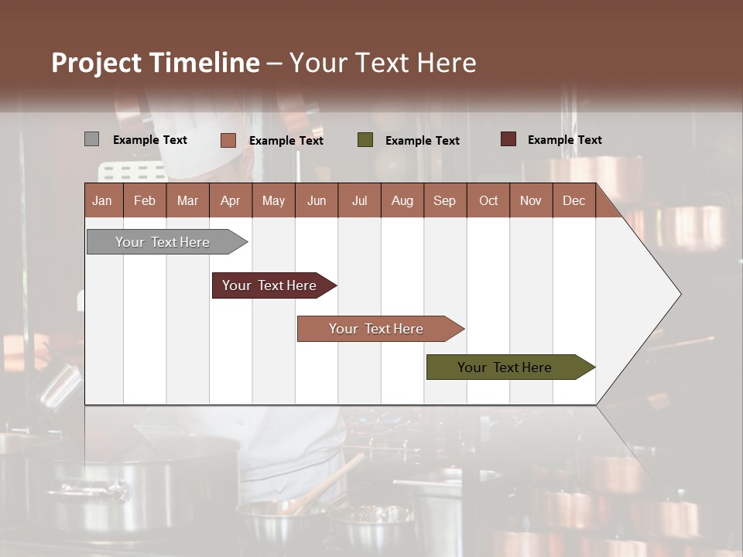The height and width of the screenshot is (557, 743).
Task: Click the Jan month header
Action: [x=102, y=200]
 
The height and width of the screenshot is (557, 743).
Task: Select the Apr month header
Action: [x=230, y=200]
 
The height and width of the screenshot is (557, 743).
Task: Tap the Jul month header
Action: [x=359, y=200]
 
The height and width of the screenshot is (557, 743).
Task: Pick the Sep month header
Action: [x=444, y=200]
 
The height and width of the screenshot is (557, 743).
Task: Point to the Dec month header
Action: [x=574, y=200]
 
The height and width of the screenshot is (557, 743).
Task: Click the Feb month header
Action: [x=145, y=200]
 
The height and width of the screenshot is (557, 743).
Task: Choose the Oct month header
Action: [x=488, y=200]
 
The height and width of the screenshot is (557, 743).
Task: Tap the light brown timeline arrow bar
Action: [x=377, y=329]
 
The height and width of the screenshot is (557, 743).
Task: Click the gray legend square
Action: [x=91, y=139]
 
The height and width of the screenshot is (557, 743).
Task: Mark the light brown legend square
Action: [x=228, y=140]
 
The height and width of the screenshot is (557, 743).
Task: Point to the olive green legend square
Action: [x=365, y=140]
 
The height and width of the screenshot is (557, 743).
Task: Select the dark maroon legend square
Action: [x=508, y=139]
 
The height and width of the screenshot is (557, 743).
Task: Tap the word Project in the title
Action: [x=97, y=63]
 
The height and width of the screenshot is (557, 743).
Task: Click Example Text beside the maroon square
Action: [x=564, y=140]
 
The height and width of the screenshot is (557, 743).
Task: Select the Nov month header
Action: [x=531, y=200]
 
